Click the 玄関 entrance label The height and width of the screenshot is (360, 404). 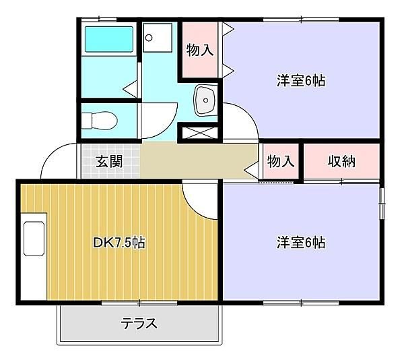[108, 162]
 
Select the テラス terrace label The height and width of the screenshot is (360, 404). [139, 324]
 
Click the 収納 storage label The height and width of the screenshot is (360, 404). [342, 162]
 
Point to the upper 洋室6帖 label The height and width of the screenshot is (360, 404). [301, 80]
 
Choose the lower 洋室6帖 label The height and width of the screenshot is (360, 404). [301, 241]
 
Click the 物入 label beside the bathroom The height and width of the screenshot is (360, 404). [200, 49]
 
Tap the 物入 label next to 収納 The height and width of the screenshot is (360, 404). [280, 162]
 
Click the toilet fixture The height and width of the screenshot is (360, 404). [99, 121]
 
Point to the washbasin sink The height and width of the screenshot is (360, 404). [203, 101]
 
